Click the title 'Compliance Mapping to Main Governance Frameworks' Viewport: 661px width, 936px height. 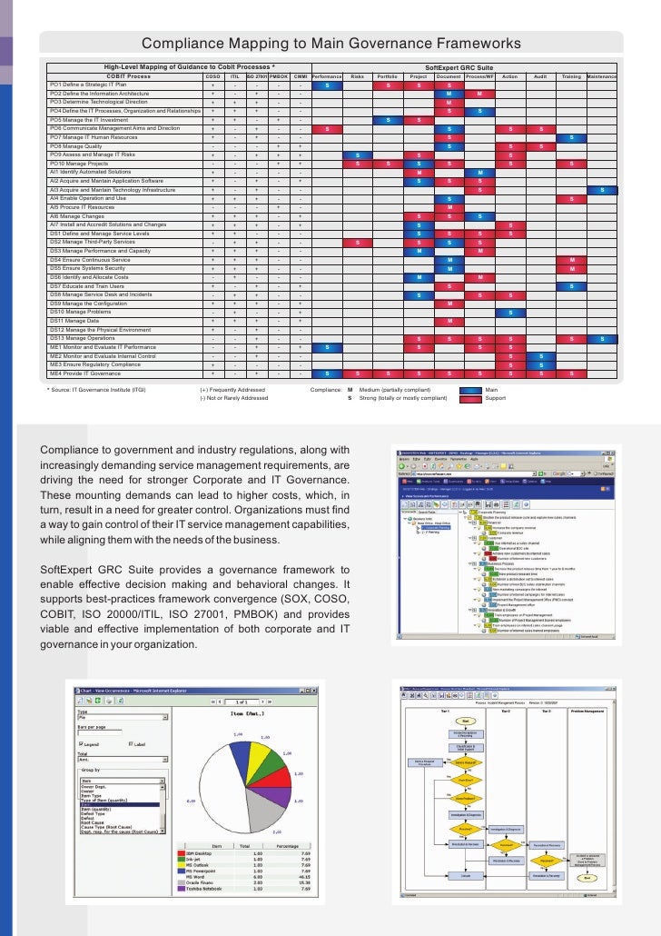(x=330, y=45)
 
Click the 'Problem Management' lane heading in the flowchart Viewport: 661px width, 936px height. (x=588, y=710)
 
